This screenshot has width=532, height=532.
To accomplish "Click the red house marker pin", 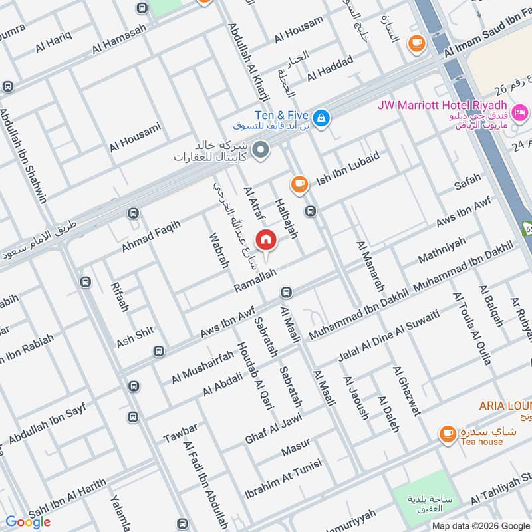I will click(266, 239).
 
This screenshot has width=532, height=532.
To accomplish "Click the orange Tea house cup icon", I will click(448, 435).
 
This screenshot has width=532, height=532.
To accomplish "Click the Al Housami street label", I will click(136, 138).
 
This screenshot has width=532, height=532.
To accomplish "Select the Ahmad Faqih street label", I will click(151, 237).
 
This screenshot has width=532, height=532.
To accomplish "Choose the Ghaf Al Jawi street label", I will click(273, 428).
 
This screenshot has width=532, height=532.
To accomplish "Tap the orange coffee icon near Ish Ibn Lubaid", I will click(299, 184).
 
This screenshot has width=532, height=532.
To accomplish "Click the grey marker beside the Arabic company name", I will click(261, 150).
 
